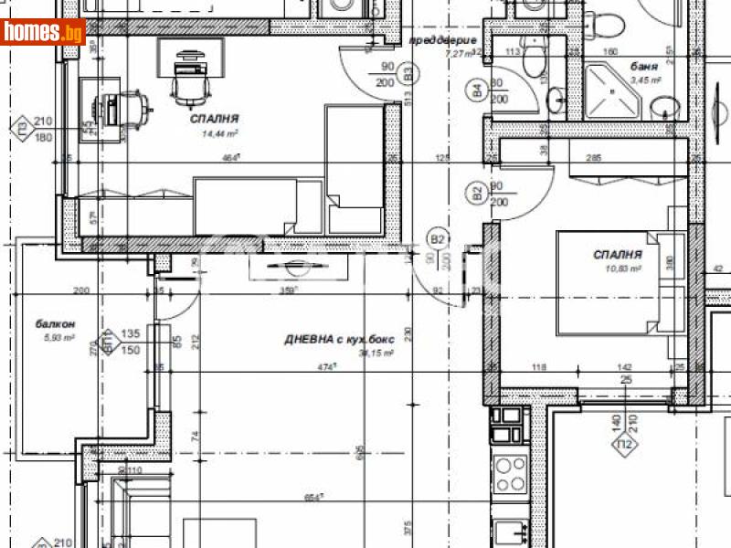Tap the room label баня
coord(646,67)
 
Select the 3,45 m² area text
coord(646,80)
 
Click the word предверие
coord(443,41)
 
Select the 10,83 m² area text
coord(618,269)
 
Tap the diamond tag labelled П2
coord(625,444)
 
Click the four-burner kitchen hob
coord(509,473)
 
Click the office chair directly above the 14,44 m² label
coord(189,86)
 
